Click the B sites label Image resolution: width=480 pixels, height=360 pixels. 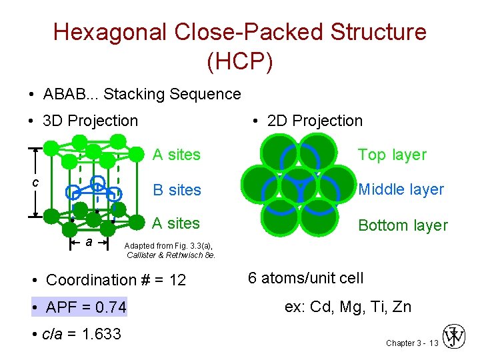click(177, 190)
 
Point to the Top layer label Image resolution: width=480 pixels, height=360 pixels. click(391, 155)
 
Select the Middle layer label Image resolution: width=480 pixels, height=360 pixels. click(401, 189)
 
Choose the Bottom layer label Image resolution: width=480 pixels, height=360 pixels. click(403, 225)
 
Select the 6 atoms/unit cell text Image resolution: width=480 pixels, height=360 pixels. click(305, 278)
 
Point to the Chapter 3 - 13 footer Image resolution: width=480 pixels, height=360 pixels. click(411, 343)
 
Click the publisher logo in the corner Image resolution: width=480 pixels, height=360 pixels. click(455, 337)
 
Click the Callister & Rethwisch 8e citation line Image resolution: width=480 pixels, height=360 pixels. click(171, 255)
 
